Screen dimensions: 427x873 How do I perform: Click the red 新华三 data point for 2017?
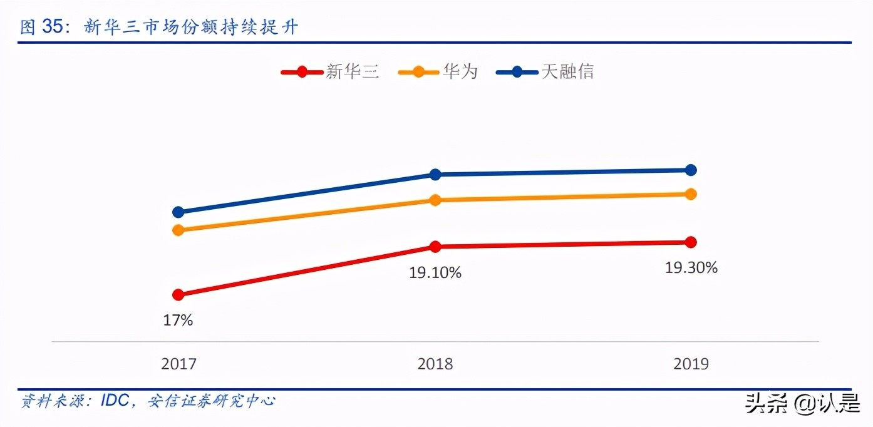tap(178, 294)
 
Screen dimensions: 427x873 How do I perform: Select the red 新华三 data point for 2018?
tap(435, 247)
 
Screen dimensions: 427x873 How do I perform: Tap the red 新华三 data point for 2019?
tap(691, 242)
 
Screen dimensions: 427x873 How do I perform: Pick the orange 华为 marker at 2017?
tap(178, 230)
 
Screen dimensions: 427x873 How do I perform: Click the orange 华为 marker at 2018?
tap(435, 200)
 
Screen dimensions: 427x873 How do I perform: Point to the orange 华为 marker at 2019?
tap(691, 194)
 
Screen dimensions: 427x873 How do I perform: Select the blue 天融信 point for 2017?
tap(178, 212)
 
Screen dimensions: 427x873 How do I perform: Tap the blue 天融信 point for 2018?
tap(435, 174)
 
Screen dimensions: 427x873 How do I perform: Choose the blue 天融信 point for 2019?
tap(691, 170)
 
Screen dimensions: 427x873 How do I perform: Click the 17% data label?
tap(178, 321)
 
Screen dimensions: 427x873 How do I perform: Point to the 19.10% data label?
tap(435, 273)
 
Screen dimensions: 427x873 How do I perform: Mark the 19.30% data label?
tap(691, 268)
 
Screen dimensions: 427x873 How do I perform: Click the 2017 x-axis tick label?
tap(178, 364)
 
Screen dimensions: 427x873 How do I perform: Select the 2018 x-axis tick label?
tap(435, 364)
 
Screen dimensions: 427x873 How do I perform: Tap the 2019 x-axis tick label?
tap(691, 364)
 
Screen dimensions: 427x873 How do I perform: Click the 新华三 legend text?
tap(352, 71)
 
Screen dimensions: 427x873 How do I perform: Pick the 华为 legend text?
tap(460, 71)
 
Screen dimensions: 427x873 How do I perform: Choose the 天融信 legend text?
tap(567, 71)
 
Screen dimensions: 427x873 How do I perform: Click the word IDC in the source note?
tap(115, 401)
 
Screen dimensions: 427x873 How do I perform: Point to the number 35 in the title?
tap(54, 27)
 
